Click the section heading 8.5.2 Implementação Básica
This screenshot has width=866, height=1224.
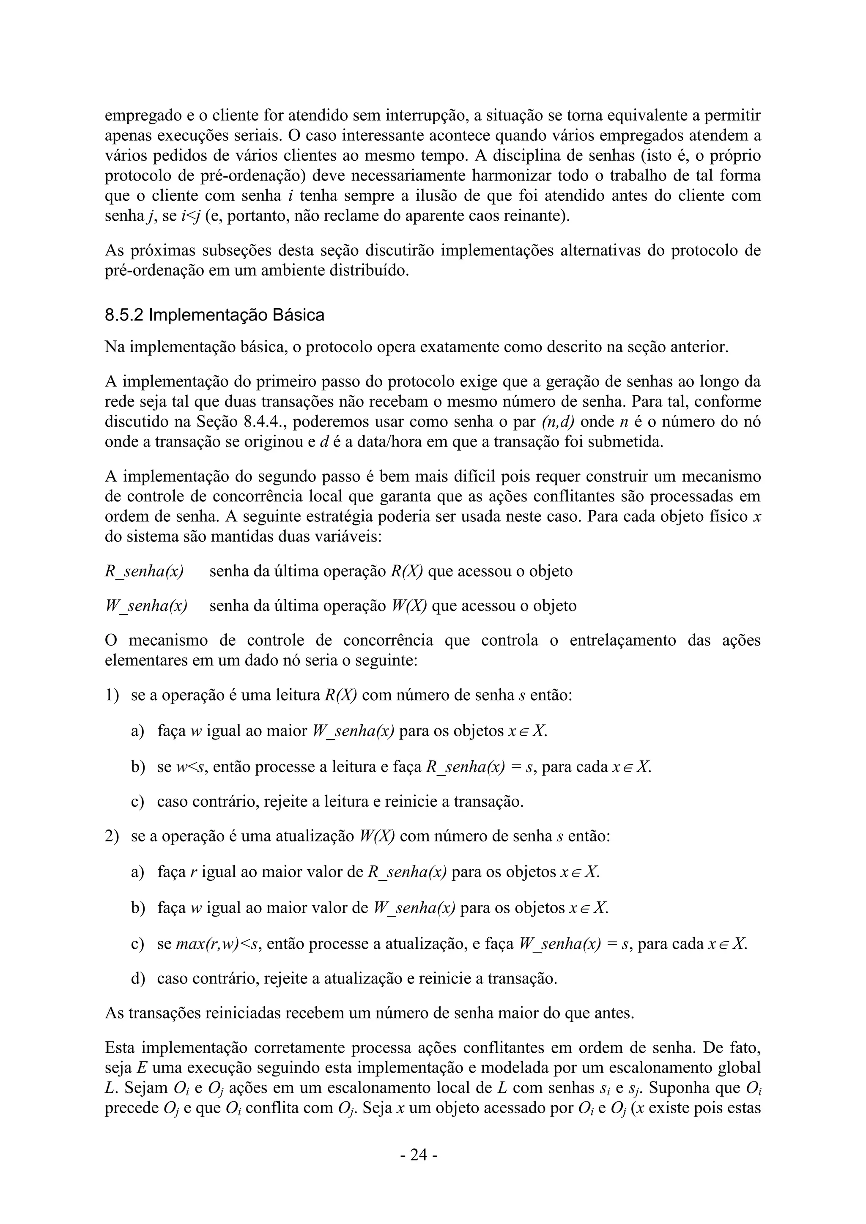tap(214, 315)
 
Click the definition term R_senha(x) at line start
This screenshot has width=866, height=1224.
tap(144, 572)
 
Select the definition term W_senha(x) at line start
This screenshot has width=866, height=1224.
tap(146, 606)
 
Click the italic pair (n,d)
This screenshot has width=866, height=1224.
tap(558, 422)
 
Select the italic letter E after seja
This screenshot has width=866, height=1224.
tap(142, 1068)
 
